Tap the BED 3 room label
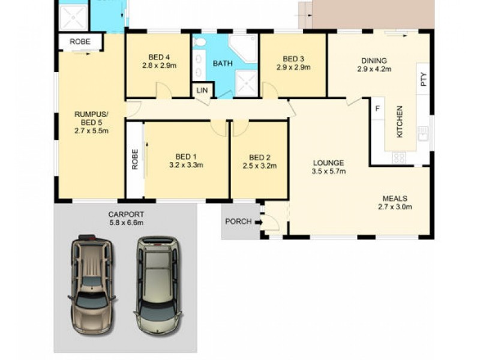coord(293,59)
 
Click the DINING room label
coord(374,60)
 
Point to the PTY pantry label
coord(423,80)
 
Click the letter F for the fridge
coord(377,109)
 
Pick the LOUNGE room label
coord(328,163)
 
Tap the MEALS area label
coord(395,199)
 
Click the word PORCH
coord(238,222)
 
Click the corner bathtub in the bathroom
coord(243,48)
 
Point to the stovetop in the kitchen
coord(399,158)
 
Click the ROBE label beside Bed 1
coord(135,159)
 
